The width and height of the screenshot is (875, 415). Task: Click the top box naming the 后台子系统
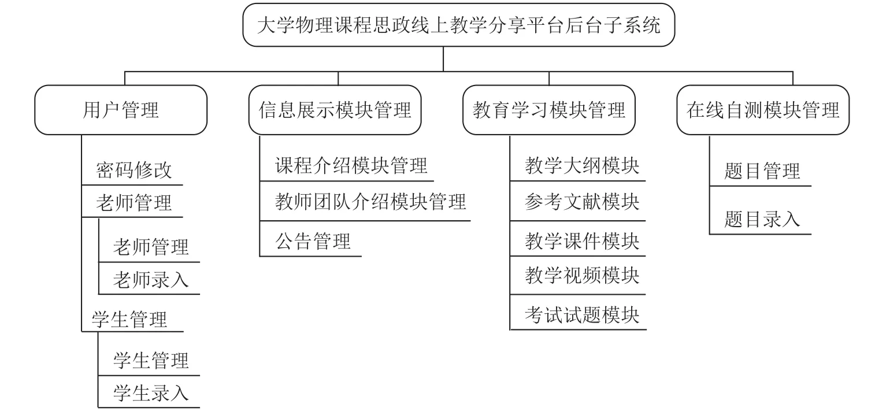click(458, 25)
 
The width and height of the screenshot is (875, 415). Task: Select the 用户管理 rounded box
click(121, 110)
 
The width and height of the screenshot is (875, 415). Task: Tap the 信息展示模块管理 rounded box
click(335, 110)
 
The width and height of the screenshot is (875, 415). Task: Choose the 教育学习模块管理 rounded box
click(549, 110)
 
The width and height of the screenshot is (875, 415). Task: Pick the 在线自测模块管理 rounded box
click(763, 110)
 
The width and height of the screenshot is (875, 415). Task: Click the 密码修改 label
click(134, 170)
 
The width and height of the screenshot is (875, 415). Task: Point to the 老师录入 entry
click(151, 280)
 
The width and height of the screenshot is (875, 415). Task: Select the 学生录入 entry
click(151, 393)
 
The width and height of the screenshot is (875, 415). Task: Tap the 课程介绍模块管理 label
click(351, 165)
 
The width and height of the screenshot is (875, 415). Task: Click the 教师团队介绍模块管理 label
click(370, 202)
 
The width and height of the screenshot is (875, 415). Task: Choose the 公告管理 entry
click(313, 240)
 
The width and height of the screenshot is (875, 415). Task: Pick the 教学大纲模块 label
click(582, 165)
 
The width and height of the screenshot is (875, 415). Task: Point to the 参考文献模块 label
click(582, 202)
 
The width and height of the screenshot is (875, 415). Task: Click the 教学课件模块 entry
click(582, 240)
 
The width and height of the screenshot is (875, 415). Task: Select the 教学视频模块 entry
click(582, 276)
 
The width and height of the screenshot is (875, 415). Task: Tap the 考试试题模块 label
click(582, 315)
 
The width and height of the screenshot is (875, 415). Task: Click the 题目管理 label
click(762, 171)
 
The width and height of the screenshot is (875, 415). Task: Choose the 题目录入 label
click(762, 219)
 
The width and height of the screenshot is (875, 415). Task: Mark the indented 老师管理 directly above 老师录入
click(151, 247)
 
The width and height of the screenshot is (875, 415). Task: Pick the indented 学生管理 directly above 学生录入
click(151, 360)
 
